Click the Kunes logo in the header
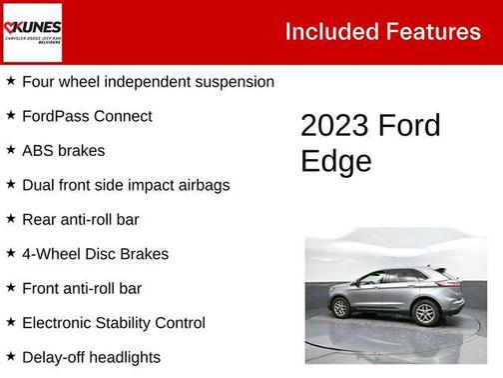click(x=32, y=31)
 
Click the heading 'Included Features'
click(x=382, y=31)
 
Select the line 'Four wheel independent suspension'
click(x=148, y=82)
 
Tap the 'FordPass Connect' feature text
click(x=87, y=116)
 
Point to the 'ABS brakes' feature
click(x=63, y=151)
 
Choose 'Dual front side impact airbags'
click(x=126, y=185)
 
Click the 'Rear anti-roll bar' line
click(x=80, y=219)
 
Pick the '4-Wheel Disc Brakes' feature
click(x=95, y=254)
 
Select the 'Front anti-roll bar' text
click(x=81, y=288)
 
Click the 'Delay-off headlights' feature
click(x=91, y=357)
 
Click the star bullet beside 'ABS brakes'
click(x=11, y=150)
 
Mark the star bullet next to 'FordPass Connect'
click(x=11, y=115)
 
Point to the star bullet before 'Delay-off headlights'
click(x=11, y=356)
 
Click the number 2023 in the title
click(x=334, y=126)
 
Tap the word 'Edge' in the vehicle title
click(x=335, y=161)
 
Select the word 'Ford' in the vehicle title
click(x=408, y=126)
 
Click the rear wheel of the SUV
click(x=426, y=312)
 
